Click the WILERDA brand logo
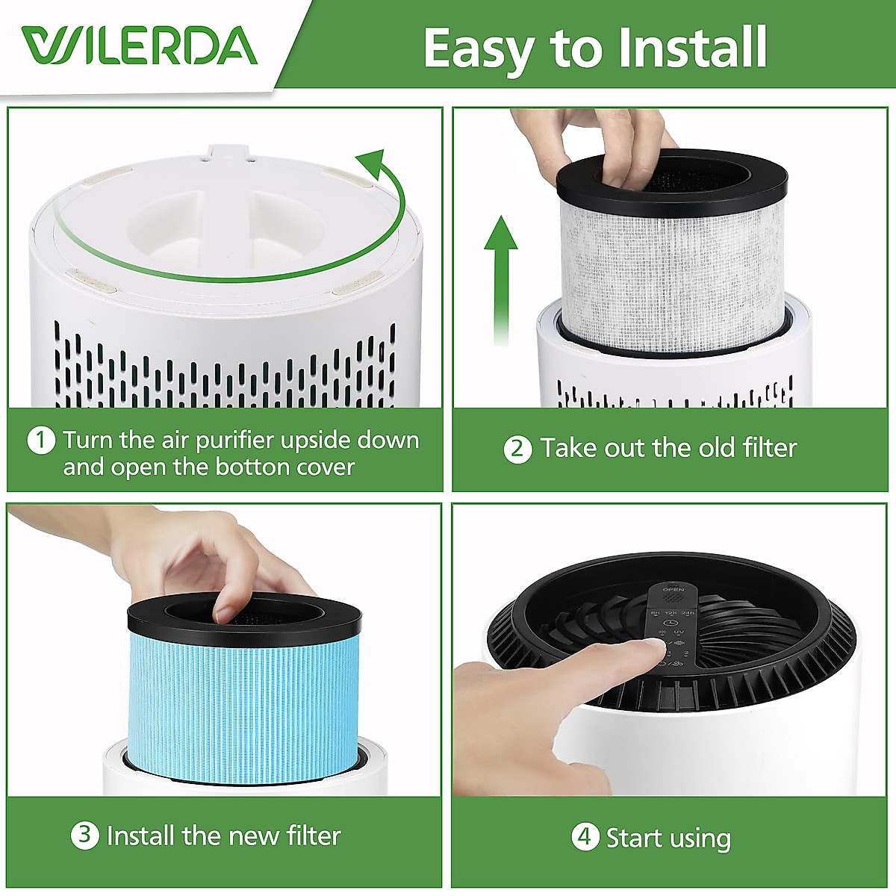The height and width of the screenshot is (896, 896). (140, 46)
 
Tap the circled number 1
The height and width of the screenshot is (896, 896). (41, 440)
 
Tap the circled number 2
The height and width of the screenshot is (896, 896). (517, 449)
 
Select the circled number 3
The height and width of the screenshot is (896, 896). (84, 835)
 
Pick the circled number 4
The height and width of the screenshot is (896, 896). (585, 837)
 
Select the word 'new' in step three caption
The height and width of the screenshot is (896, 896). (258, 836)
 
